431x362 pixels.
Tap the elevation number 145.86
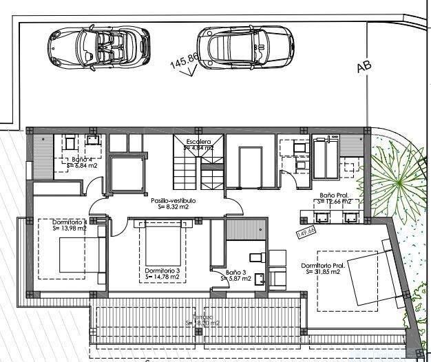click(184, 61)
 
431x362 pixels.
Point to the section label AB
click(364, 66)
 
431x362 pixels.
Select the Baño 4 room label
click(81, 160)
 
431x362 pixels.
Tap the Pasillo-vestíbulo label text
click(173, 200)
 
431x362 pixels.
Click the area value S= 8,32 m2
click(172, 206)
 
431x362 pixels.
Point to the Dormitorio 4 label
click(70, 222)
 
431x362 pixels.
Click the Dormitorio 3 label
click(162, 271)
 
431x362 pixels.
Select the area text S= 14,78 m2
click(162, 277)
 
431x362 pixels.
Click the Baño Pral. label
click(335, 195)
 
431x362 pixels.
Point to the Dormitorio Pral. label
click(322, 266)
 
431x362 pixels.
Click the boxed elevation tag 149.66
click(305, 233)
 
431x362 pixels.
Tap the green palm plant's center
click(399, 180)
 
